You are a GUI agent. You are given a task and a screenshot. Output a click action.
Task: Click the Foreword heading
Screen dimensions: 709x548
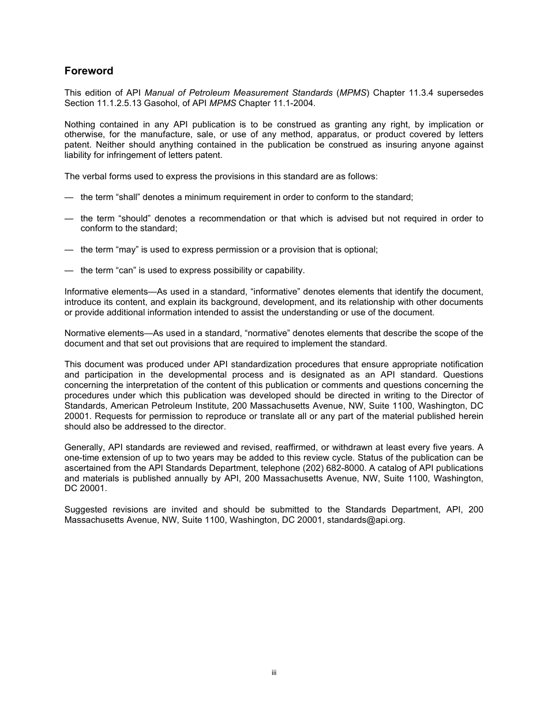pyautogui.click(x=89, y=71)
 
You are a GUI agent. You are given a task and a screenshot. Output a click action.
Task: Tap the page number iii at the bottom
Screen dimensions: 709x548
pyautogui.click(x=274, y=672)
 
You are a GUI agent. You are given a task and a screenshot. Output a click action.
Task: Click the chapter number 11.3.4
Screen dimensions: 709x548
pyautogui.click(x=424, y=93)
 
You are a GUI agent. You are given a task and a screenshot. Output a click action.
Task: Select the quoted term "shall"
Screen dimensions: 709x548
pyautogui.click(x=127, y=197)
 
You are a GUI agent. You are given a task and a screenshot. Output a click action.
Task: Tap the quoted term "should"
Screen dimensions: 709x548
pyautogui.click(x=131, y=218)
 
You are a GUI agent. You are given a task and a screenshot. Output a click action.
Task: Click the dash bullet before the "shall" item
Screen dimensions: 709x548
pyautogui.click(x=69, y=197)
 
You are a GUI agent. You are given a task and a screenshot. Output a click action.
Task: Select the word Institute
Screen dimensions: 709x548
pyautogui.click(x=211, y=406)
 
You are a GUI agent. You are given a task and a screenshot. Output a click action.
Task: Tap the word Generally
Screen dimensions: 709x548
pyautogui.click(x=84, y=447)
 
